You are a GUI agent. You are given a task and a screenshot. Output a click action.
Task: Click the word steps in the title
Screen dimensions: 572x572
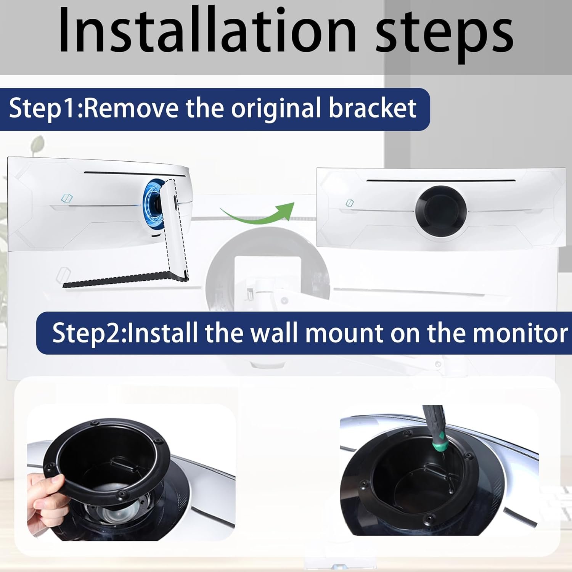click(x=444, y=34)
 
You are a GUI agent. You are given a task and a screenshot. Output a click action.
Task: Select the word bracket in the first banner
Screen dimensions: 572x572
click(x=372, y=109)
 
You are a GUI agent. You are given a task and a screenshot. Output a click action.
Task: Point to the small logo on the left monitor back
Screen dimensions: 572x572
click(x=67, y=198)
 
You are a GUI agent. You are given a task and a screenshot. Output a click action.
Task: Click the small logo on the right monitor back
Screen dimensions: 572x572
click(x=349, y=203)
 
